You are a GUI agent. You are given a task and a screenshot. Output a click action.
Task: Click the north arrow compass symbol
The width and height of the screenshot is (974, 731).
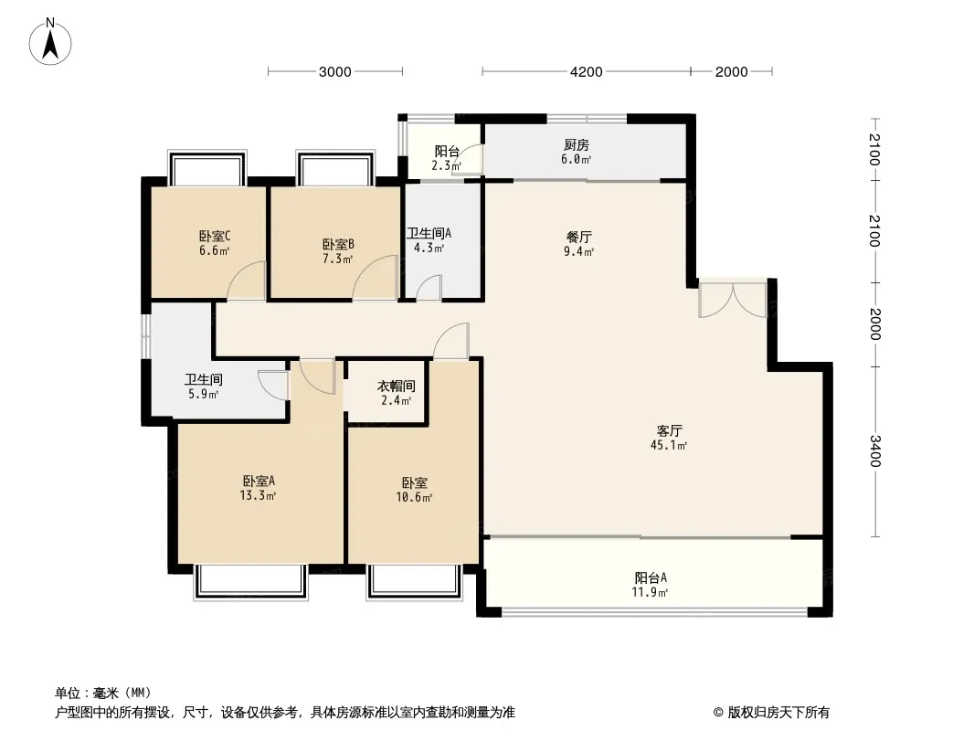click(50, 41)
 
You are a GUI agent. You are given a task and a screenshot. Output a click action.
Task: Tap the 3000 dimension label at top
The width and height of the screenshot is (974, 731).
click(334, 72)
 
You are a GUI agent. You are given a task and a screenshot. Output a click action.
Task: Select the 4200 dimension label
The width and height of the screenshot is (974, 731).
click(587, 72)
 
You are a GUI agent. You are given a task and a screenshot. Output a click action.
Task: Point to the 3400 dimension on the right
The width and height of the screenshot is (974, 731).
click(874, 450)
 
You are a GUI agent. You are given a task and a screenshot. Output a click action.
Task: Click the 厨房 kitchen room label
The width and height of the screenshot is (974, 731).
click(577, 145)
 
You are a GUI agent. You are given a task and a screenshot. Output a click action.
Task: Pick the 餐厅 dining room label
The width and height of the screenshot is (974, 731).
click(579, 238)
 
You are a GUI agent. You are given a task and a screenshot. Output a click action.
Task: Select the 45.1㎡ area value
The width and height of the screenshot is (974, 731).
click(669, 445)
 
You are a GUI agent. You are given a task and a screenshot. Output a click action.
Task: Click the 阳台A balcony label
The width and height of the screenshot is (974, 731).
click(651, 578)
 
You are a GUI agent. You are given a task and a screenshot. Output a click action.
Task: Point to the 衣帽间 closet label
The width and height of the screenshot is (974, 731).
click(397, 387)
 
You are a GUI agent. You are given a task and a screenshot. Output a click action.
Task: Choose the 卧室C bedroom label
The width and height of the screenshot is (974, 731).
click(215, 237)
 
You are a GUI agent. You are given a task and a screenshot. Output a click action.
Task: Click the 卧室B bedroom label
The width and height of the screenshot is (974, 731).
click(338, 245)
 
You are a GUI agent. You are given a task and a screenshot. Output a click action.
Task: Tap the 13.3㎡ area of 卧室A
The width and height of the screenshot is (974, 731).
click(258, 495)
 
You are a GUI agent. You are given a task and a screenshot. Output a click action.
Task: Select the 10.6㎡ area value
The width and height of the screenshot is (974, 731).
click(414, 497)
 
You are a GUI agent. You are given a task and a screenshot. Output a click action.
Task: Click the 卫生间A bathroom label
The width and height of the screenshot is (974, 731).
click(429, 234)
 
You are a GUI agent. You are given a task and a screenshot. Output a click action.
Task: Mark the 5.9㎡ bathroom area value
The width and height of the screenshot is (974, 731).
click(203, 395)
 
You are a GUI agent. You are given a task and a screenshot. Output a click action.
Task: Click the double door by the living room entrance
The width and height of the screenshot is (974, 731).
click(733, 300)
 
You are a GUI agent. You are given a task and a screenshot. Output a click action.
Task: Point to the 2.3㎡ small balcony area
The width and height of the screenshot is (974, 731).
click(447, 165)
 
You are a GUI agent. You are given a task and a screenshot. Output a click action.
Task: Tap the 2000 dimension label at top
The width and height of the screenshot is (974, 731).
click(731, 72)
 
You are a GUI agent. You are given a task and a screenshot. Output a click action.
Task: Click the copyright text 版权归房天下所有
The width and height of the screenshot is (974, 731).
click(778, 713)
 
